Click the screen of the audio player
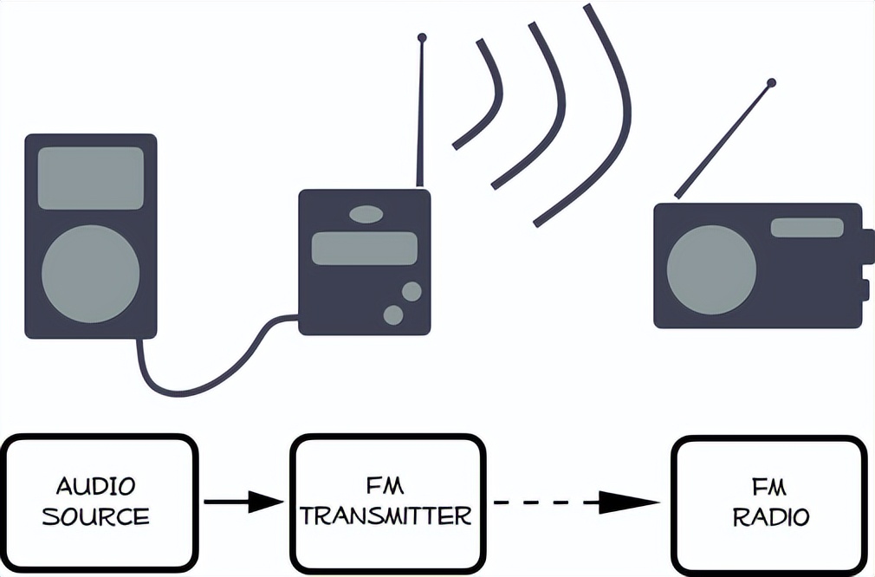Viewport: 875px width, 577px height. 90,178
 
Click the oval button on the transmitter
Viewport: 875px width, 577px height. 366,213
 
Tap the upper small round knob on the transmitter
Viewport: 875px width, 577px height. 412,291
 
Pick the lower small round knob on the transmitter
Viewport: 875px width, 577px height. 393,314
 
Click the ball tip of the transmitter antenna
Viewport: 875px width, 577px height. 422,38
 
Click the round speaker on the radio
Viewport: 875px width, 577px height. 711,269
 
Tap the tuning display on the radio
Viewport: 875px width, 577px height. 807,228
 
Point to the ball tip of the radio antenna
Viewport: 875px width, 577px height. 771,83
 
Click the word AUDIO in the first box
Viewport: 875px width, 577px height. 95,485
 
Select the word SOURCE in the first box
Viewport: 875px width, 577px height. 95,517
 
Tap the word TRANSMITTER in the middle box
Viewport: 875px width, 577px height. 386,517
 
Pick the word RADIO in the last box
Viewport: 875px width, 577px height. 771,517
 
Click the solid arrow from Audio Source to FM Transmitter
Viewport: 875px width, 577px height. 243,501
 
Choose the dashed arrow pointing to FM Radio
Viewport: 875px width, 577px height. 576,501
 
